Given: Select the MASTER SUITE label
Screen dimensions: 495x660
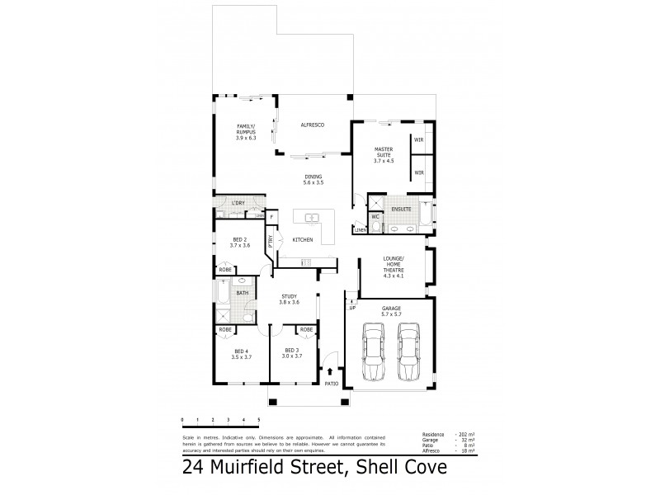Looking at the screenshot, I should click(384, 155).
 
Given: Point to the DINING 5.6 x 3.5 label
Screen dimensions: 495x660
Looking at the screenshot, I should click(313, 179).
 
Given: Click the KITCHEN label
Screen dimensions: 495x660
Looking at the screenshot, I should click(302, 239).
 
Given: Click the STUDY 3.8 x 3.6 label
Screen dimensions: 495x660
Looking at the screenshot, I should click(289, 299).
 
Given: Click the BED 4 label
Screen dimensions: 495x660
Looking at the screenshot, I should click(242, 355).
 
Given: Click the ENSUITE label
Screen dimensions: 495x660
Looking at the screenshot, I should click(402, 210).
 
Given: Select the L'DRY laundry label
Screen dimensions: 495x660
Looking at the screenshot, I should click(238, 202).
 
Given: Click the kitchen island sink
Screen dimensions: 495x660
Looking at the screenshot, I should click(313, 218).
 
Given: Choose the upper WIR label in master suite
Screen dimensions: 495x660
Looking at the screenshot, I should click(419, 140).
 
